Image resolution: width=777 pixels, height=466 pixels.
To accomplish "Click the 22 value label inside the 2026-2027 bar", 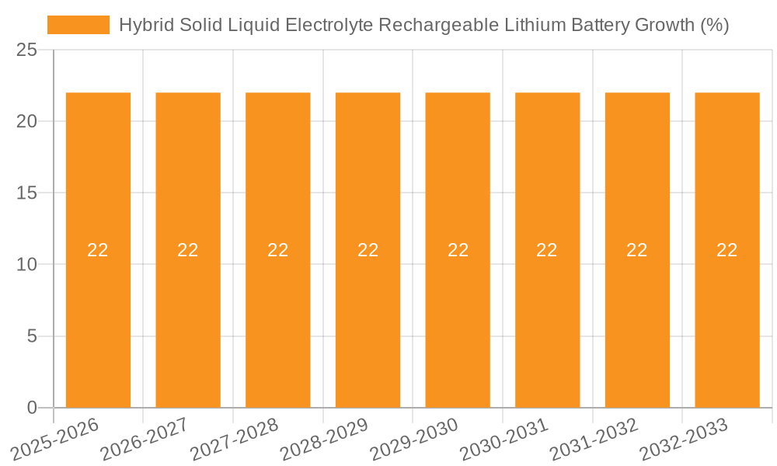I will click(x=188, y=250).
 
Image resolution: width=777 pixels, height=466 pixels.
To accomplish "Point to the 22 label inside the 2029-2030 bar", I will click(x=458, y=250).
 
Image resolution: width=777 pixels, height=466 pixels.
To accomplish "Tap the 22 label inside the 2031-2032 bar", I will click(x=637, y=250).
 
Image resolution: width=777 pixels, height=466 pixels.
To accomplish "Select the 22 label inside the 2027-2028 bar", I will click(x=278, y=250).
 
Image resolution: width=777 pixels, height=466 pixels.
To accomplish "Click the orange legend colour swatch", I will click(x=78, y=25).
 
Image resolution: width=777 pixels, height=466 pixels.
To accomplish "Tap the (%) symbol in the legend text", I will click(x=714, y=25).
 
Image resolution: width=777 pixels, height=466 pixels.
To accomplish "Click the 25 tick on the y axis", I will click(x=26, y=50).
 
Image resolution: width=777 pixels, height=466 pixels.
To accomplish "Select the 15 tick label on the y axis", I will click(x=26, y=193).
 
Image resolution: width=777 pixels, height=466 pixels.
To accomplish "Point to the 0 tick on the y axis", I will click(x=32, y=408).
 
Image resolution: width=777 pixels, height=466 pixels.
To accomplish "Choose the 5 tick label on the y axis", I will click(x=32, y=336).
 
